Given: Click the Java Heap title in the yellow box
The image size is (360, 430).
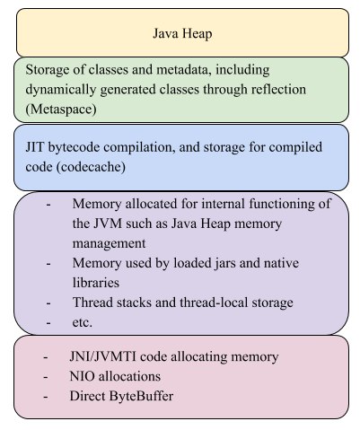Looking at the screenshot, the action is pyautogui.click(x=182, y=33).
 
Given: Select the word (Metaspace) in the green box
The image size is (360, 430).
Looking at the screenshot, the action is pyautogui.click(x=61, y=109).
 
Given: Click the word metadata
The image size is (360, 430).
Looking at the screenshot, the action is pyautogui.click(x=184, y=70).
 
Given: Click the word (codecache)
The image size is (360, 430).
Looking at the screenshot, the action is pyautogui.click(x=91, y=167).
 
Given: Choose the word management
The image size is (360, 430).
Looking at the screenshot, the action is pyautogui.click(x=109, y=243).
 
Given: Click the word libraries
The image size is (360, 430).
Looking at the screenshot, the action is pyautogui.click(x=96, y=283).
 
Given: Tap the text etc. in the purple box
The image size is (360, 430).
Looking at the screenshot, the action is pyautogui.click(x=83, y=322).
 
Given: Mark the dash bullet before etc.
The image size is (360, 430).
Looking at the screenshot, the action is pyautogui.click(x=48, y=323).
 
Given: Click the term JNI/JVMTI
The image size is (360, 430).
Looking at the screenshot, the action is pyautogui.click(x=102, y=356).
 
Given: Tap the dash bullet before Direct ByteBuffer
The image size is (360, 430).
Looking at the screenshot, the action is pyautogui.click(x=46, y=397).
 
